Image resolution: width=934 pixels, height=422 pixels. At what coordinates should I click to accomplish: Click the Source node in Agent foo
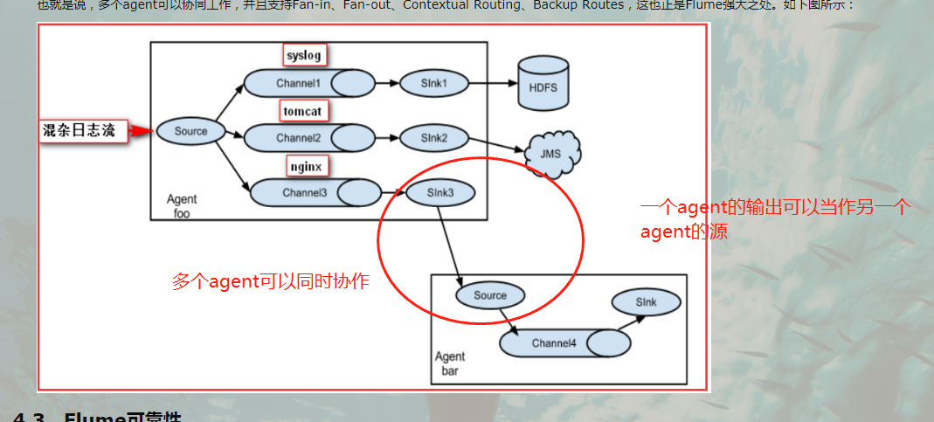pos(190,131)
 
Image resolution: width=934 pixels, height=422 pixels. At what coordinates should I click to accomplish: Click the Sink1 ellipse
pos(433,84)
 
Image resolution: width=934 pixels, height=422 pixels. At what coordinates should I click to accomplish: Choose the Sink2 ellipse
pos(433,138)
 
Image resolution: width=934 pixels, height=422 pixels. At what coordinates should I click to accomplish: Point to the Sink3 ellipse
pos(439,192)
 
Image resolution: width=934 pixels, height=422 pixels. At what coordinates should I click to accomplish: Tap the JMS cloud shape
pos(552,154)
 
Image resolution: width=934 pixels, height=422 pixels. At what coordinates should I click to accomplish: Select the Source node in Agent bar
pos(489,295)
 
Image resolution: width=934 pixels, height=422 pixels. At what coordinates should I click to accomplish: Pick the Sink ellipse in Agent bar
pos(646,302)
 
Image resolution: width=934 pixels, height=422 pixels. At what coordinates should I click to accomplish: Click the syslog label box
pos(304,56)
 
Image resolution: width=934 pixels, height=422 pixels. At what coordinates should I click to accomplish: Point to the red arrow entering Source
pos(142,132)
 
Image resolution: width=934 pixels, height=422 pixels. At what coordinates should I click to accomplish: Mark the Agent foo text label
pos(182,206)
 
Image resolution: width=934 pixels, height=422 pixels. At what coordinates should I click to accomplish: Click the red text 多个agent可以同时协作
pos(270,281)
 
